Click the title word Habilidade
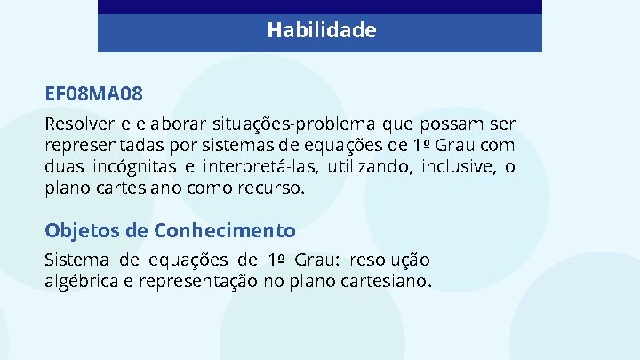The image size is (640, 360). click(321, 31)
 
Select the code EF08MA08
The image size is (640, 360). click(94, 93)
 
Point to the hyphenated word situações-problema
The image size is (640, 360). click(286, 123)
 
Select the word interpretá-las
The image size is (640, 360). click(258, 166)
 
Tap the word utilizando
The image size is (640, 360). click(365, 166)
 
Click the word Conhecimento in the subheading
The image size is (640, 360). click(225, 231)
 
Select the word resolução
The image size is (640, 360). click(390, 260)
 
